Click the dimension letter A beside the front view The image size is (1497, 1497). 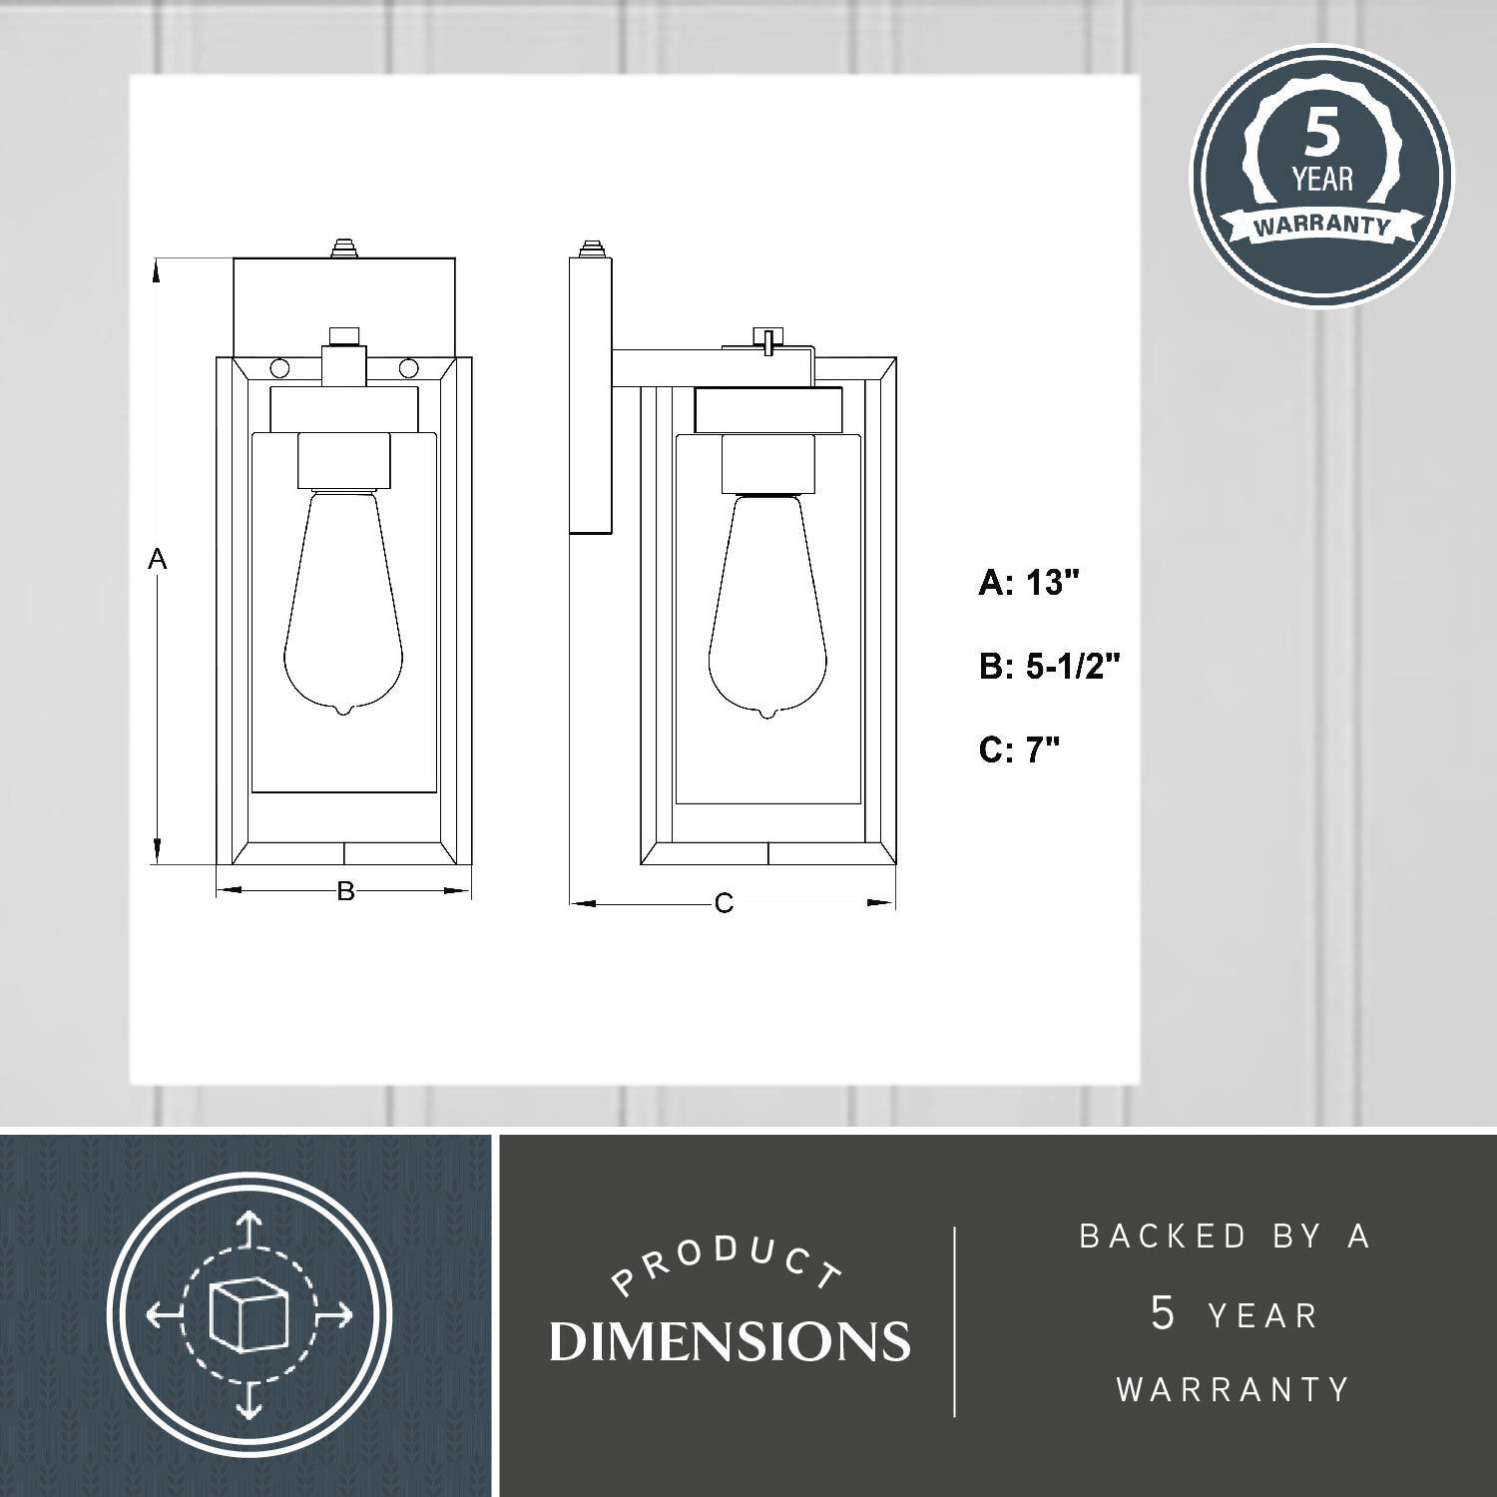click(157, 560)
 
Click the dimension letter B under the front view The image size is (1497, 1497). click(345, 891)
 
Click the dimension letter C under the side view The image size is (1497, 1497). click(725, 904)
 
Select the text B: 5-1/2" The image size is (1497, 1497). click(1050, 666)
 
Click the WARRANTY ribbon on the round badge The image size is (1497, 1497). click(1321, 225)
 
